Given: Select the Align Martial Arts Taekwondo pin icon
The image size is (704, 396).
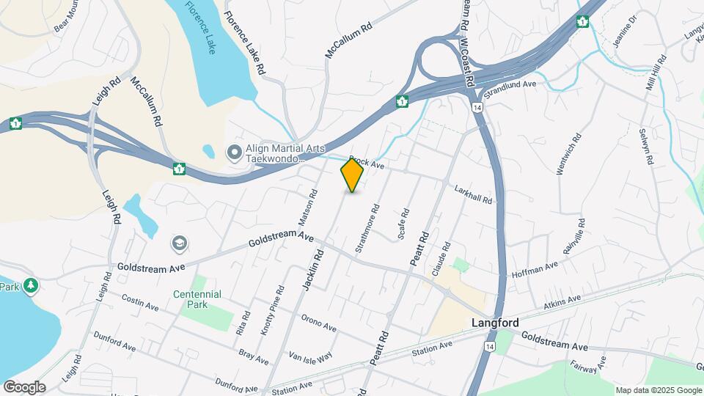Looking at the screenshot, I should (x=235, y=153).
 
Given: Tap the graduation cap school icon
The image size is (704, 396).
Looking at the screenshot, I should (x=179, y=243).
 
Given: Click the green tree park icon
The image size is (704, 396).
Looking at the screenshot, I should (x=31, y=285).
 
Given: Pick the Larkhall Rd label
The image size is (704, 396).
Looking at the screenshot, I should (x=472, y=194).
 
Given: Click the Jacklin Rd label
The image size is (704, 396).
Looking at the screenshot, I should (x=314, y=271).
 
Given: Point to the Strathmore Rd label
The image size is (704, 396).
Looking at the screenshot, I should (x=367, y=229).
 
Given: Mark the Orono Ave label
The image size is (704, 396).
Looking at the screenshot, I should (x=318, y=323).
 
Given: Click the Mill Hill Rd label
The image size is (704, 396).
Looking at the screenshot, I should (x=654, y=73).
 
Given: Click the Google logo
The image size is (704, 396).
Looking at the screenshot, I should (x=24, y=387).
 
